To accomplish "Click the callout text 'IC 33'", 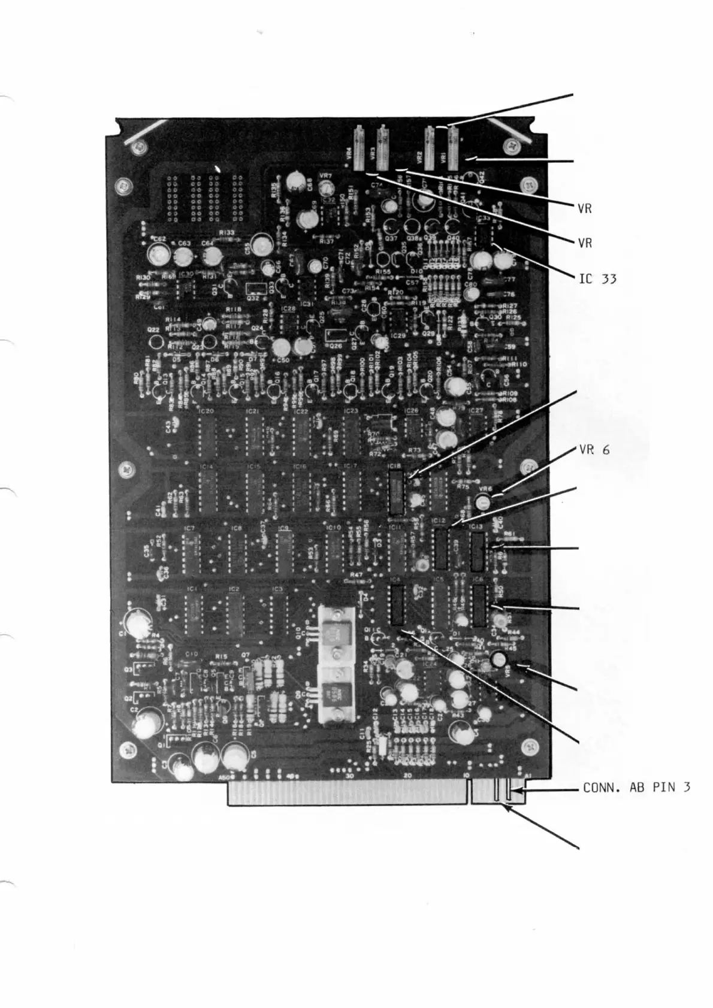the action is point(597,278).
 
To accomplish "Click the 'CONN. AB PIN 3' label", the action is point(636,787).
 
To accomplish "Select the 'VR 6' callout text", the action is point(594,450).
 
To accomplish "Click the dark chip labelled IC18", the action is point(395,492).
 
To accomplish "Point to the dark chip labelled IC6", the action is point(479,606).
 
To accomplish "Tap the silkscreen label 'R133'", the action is point(226,232).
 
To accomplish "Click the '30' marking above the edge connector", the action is point(349,776).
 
